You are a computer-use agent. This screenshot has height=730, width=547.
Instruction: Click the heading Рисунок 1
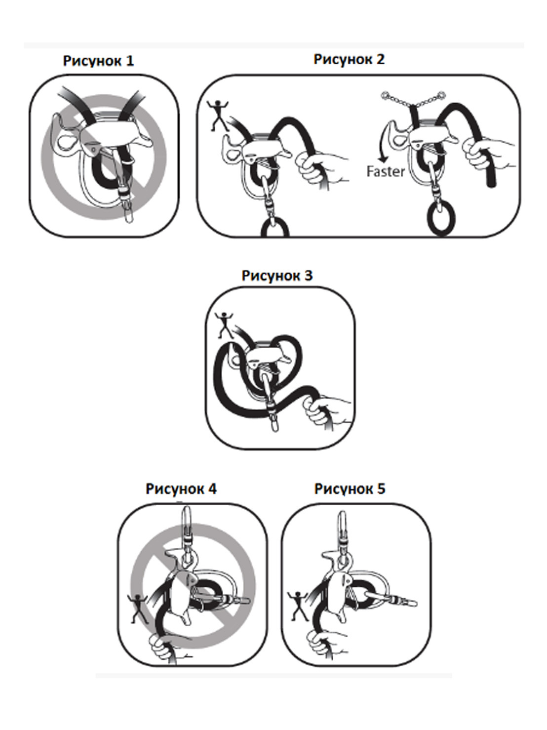coord(98,61)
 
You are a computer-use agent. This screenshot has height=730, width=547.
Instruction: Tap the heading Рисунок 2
coord(349,60)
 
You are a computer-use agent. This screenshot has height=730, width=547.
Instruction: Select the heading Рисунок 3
coord(277,276)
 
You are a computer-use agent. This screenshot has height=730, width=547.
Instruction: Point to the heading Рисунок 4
coord(181,489)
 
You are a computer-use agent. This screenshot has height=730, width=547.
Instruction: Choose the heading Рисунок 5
coord(350,489)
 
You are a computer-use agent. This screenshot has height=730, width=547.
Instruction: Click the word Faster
coord(386,172)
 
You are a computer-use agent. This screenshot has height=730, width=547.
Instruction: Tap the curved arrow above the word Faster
coord(384,143)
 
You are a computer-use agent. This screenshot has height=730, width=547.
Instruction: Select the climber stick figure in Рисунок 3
coord(225,324)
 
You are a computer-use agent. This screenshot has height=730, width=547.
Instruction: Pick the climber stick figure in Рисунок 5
coord(298,605)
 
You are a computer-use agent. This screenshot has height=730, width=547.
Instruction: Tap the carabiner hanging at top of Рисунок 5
coord(342,530)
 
